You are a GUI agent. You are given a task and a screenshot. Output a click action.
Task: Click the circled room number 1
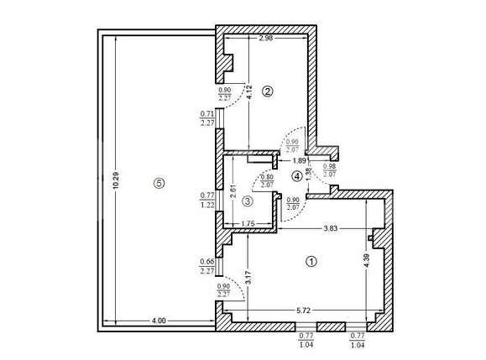click(x=311, y=261)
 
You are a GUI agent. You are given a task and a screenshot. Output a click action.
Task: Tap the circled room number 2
click(x=268, y=91)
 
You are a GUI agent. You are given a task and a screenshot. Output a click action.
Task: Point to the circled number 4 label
click(x=296, y=176)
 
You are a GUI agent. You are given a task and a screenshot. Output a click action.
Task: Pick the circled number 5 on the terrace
click(x=159, y=184)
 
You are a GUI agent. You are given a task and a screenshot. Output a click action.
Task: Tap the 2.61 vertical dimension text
click(x=232, y=190)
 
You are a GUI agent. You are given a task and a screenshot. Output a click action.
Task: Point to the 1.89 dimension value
click(x=299, y=161)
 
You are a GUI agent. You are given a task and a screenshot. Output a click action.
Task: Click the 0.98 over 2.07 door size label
click(x=329, y=170)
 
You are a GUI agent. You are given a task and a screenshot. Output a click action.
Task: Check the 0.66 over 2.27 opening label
click(x=207, y=266)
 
